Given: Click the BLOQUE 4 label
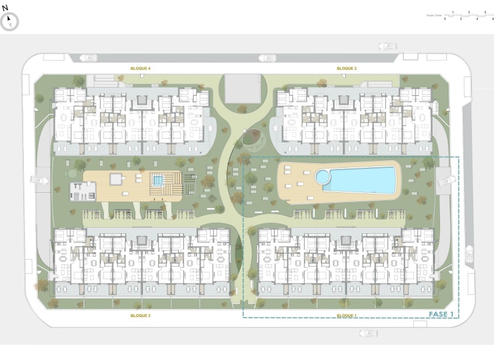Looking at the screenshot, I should tap(141, 69).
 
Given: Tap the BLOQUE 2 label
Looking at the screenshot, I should tap(346, 69).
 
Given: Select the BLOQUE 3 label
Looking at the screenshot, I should tap(141, 315).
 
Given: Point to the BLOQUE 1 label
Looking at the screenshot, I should tap(346, 315).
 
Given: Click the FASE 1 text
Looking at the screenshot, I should tap(441, 314).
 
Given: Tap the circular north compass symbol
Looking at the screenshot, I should tap(10, 22).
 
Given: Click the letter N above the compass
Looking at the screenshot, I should tap(5, 8).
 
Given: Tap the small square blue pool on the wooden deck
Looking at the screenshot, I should tap(157, 180).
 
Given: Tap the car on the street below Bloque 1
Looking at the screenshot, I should tap(367, 333).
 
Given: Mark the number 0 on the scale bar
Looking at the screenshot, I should tap(445, 19).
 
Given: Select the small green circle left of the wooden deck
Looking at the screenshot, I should tap(71, 173).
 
